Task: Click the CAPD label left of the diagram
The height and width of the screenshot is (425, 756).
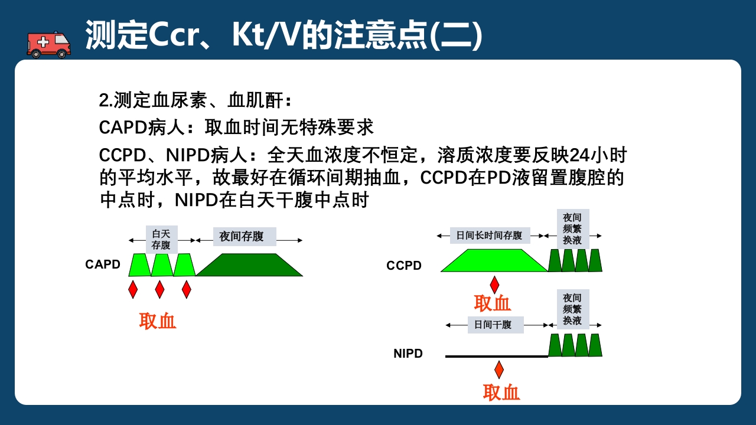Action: (103, 264)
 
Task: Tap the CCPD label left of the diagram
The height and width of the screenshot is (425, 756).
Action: (404, 266)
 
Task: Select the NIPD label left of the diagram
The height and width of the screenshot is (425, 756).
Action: (408, 354)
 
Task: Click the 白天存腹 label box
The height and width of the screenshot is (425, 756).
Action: (161, 239)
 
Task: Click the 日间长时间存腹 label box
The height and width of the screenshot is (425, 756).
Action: (490, 236)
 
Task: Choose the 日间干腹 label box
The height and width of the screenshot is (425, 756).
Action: (495, 325)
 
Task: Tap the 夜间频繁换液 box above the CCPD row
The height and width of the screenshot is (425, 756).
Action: (572, 229)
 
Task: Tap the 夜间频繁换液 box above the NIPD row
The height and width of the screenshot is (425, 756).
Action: (572, 309)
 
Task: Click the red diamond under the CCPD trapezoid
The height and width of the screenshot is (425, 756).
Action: (494, 285)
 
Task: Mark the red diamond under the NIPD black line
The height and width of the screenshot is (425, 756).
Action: (499, 370)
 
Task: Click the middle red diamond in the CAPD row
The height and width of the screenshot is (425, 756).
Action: (159, 289)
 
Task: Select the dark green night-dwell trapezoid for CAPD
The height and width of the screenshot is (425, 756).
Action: (249, 265)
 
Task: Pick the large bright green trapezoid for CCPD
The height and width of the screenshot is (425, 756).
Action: (494, 260)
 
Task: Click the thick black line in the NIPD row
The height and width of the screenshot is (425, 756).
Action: (496, 356)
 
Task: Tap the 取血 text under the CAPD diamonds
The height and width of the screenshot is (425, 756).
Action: (158, 321)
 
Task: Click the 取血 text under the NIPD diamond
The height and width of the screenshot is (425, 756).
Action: (501, 393)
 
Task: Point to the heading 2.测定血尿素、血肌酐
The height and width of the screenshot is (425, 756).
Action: (195, 100)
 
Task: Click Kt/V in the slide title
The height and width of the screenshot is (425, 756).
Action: (265, 35)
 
